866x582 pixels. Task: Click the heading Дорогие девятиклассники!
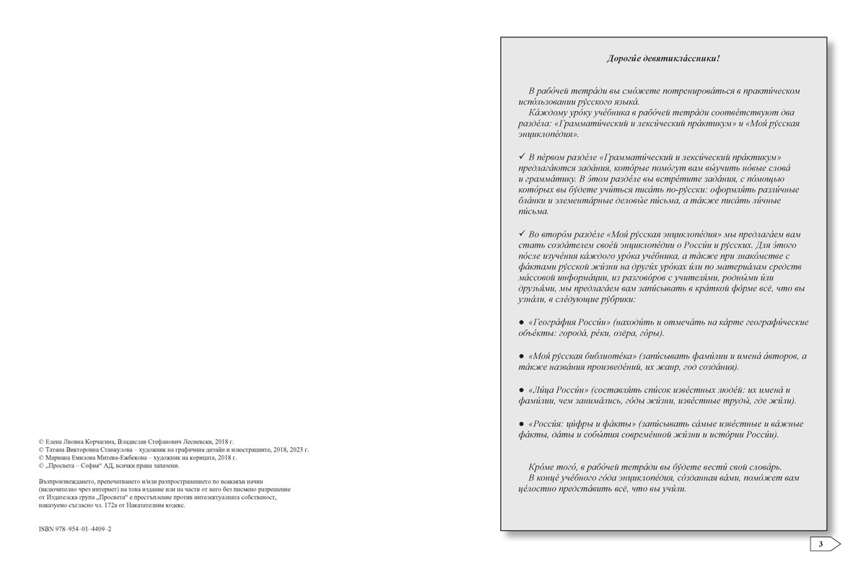coord(663,58)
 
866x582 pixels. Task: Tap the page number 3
coord(821,544)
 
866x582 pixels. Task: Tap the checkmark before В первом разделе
coord(522,156)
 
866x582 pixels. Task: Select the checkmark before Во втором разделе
coord(522,234)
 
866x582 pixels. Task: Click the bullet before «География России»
coord(522,322)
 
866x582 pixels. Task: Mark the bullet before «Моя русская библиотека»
coord(522,356)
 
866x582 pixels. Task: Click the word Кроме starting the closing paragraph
coord(543,467)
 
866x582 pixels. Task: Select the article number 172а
coord(128,506)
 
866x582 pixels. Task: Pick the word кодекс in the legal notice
coord(174,506)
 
